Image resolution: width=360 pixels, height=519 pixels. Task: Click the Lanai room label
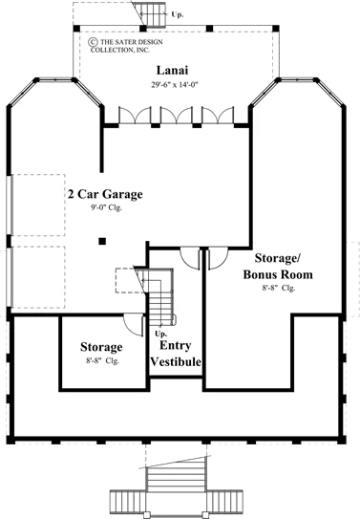(x=172, y=71)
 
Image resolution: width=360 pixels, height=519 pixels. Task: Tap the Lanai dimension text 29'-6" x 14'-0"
(x=174, y=85)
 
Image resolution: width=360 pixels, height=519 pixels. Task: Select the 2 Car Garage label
(x=105, y=194)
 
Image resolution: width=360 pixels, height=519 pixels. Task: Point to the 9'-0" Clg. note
(x=106, y=207)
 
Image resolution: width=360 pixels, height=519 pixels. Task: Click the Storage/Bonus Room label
(x=278, y=266)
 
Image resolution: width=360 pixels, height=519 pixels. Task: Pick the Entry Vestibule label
(x=176, y=354)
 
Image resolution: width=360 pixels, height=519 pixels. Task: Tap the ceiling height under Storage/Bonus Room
(x=279, y=288)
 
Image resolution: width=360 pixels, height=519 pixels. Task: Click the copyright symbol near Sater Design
(x=93, y=42)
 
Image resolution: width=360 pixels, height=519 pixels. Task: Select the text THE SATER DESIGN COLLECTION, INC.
(x=127, y=46)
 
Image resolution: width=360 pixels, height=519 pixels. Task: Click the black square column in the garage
(x=102, y=241)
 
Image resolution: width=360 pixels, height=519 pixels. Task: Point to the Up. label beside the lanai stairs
(x=178, y=14)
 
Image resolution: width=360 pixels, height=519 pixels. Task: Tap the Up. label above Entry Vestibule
(x=161, y=334)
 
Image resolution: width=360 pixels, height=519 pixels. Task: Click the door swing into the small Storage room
(x=134, y=325)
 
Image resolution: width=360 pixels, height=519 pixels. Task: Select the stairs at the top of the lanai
(x=153, y=14)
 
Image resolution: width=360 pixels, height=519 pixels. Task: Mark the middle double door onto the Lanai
(x=177, y=116)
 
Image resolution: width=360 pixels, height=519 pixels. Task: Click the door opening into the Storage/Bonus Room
(x=218, y=258)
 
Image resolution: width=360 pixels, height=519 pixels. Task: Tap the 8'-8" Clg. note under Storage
(x=102, y=360)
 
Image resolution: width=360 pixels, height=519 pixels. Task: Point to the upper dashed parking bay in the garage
(x=38, y=205)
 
